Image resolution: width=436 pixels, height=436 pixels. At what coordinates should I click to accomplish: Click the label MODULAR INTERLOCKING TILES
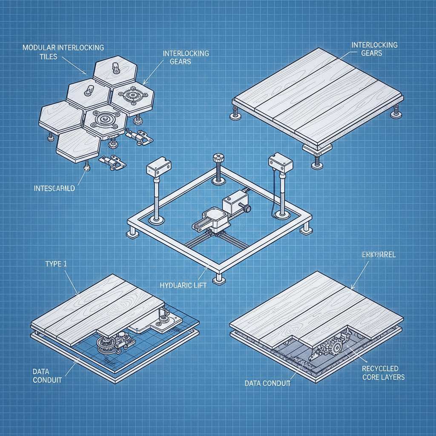[x=63, y=52]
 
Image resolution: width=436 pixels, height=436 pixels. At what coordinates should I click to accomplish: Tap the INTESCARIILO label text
[x=54, y=188]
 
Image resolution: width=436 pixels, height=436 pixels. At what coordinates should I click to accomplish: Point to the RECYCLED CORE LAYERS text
[x=380, y=372]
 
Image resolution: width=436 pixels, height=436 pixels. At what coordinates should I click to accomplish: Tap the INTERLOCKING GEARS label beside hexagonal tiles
[x=186, y=57]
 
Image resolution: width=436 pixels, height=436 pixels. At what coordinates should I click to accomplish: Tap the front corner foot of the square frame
[x=219, y=278]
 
